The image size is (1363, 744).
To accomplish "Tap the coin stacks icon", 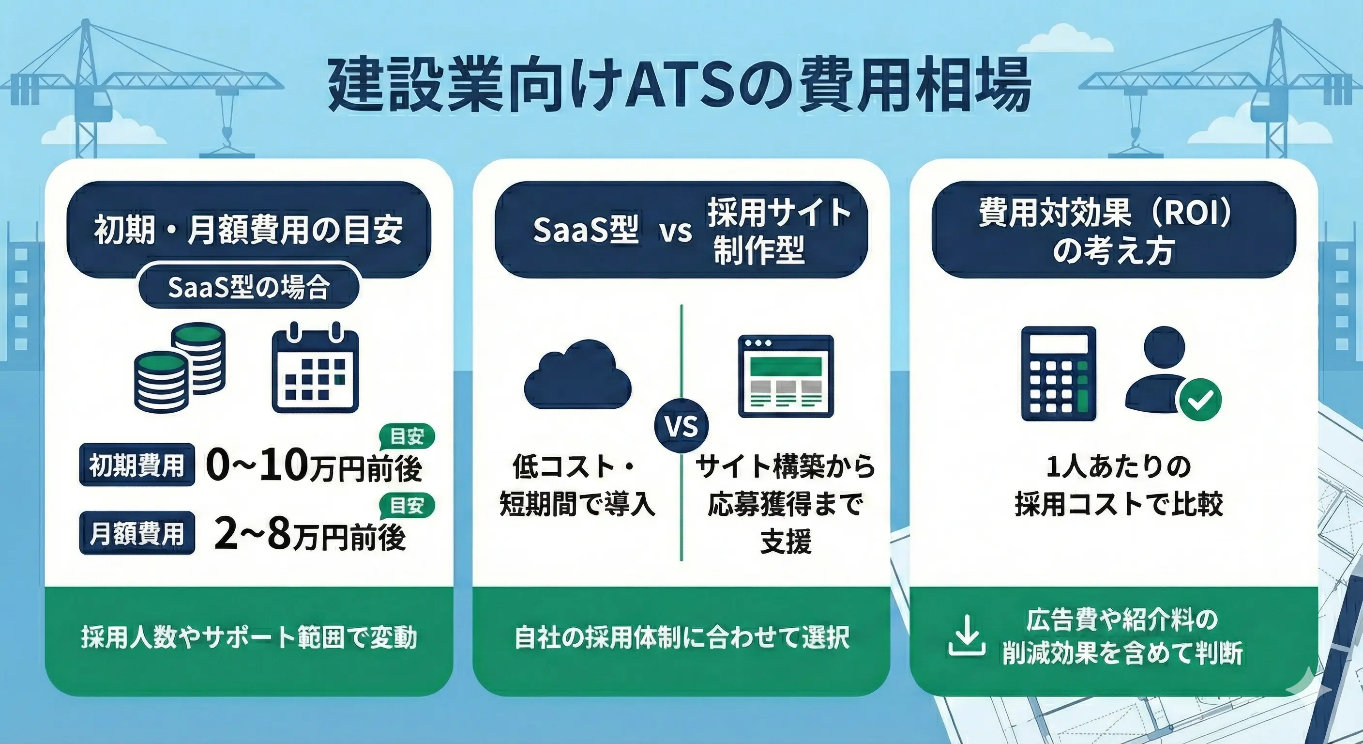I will [180, 368].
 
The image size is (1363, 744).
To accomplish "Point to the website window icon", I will [786, 376].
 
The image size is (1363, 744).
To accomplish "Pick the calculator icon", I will [1058, 373].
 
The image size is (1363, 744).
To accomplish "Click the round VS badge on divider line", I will [681, 426].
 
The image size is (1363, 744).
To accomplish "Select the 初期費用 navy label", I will [136, 465].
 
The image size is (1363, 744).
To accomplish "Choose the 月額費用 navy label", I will [136, 534].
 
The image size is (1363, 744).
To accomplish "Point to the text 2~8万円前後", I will [310, 536].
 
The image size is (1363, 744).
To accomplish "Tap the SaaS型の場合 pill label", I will [249, 288].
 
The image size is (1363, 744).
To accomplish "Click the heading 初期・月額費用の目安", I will [249, 229].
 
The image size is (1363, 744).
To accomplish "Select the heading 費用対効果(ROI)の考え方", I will [1113, 230].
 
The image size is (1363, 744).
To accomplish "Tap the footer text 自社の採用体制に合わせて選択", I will [681, 637].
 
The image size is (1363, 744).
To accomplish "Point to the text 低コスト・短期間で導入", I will [577, 485].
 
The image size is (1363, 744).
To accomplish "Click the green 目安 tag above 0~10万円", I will [407, 436].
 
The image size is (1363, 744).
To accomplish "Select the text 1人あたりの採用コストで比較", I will [1119, 485].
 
